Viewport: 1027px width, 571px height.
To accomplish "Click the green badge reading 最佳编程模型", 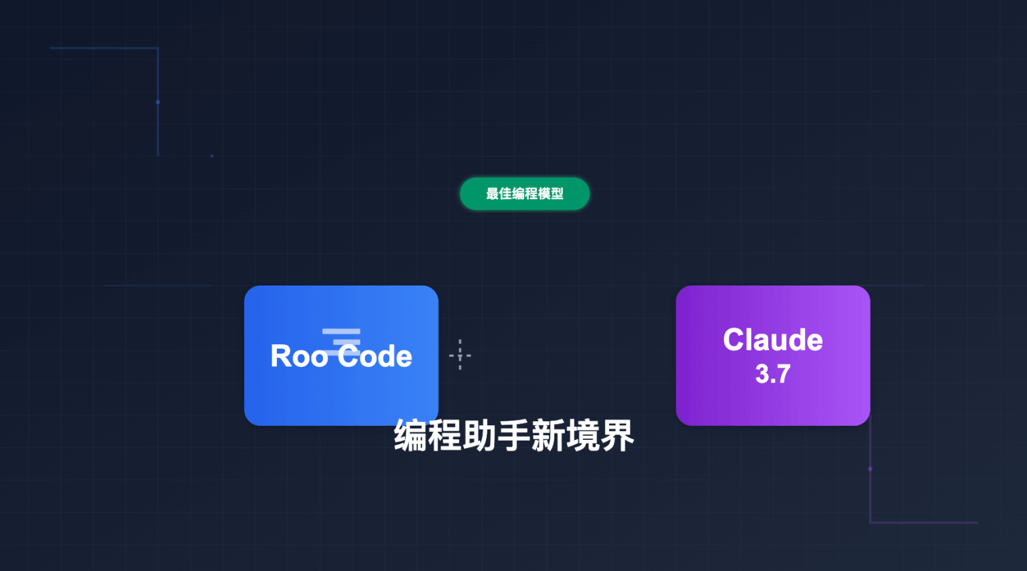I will pyautogui.click(x=524, y=194).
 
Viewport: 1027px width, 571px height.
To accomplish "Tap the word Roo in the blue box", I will pyautogui.click(x=299, y=356).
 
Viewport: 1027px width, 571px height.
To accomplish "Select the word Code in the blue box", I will pyautogui.click(x=374, y=356).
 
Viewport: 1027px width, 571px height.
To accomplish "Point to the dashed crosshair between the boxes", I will pyautogui.click(x=460, y=355).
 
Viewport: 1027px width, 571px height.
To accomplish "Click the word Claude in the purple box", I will pyautogui.click(x=772, y=340).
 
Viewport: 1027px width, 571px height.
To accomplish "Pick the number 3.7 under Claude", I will pyautogui.click(x=772, y=374).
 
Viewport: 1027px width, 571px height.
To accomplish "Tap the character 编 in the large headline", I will pyautogui.click(x=411, y=436).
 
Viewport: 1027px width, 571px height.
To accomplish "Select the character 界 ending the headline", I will pyautogui.click(x=616, y=436).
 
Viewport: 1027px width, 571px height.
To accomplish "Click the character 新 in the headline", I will pyautogui.click(x=548, y=436).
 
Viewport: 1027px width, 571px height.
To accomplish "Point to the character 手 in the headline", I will pyautogui.click(x=513, y=436).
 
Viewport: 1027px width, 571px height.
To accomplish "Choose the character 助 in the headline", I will pyautogui.click(x=479, y=436).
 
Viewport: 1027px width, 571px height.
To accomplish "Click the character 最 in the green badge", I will pyautogui.click(x=492, y=194).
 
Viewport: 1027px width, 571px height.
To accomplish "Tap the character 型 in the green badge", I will pyautogui.click(x=557, y=194).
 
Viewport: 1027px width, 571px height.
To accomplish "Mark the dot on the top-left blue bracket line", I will pyautogui.click(x=158, y=102).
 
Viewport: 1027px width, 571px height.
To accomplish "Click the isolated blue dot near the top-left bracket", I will pyautogui.click(x=212, y=156).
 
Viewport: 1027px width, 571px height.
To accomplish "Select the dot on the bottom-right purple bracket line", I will pyautogui.click(x=870, y=469).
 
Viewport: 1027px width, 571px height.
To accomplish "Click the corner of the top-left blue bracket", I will pyautogui.click(x=158, y=48).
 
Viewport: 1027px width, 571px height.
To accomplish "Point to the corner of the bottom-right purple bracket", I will pyautogui.click(x=870, y=522).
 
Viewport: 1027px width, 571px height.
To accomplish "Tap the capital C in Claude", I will pyautogui.click(x=734, y=340).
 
